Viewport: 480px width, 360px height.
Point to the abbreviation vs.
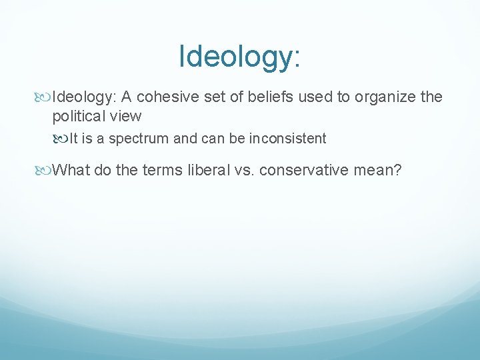[x=243, y=170]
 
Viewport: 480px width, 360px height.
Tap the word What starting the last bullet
[x=71, y=170]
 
